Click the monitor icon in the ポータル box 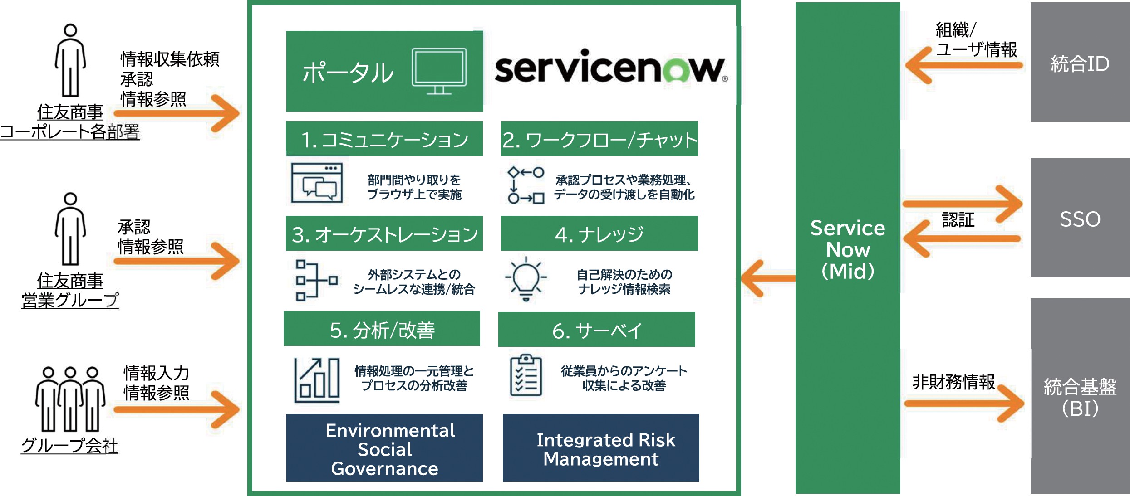click(439, 71)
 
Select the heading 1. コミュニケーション click(384, 139)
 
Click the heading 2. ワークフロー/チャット click(599, 139)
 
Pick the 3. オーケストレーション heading click(384, 234)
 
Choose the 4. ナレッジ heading click(599, 234)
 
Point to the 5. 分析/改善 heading click(382, 329)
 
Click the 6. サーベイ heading click(596, 330)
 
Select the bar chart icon click(317, 380)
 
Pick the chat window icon click(317, 183)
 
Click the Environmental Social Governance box click(384, 448)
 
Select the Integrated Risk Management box click(601, 448)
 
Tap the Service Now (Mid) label click(847, 249)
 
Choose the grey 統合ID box click(1080, 63)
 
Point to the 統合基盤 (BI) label click(1080, 397)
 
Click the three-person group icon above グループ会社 click(70, 399)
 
